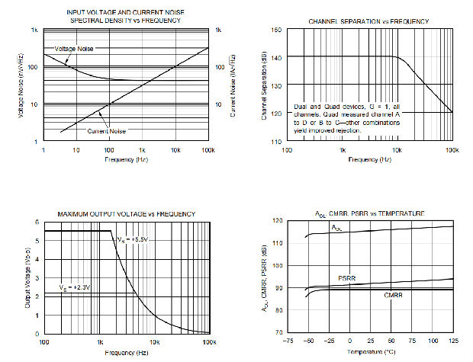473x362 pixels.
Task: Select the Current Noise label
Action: (x=106, y=131)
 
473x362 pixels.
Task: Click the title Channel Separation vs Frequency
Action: (x=368, y=21)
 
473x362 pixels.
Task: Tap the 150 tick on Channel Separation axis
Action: (x=275, y=29)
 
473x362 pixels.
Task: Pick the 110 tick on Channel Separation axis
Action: (x=275, y=142)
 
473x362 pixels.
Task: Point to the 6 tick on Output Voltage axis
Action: (x=37, y=222)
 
